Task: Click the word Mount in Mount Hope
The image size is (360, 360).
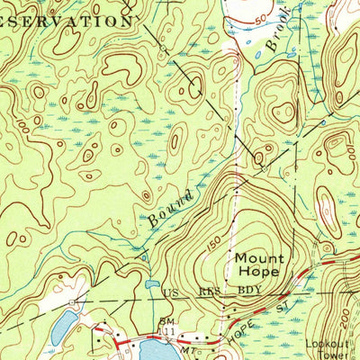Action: (259, 257)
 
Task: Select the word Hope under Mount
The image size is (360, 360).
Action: (259, 271)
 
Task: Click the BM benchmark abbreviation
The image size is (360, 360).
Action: (166, 321)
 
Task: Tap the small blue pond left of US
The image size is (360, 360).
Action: (149, 285)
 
